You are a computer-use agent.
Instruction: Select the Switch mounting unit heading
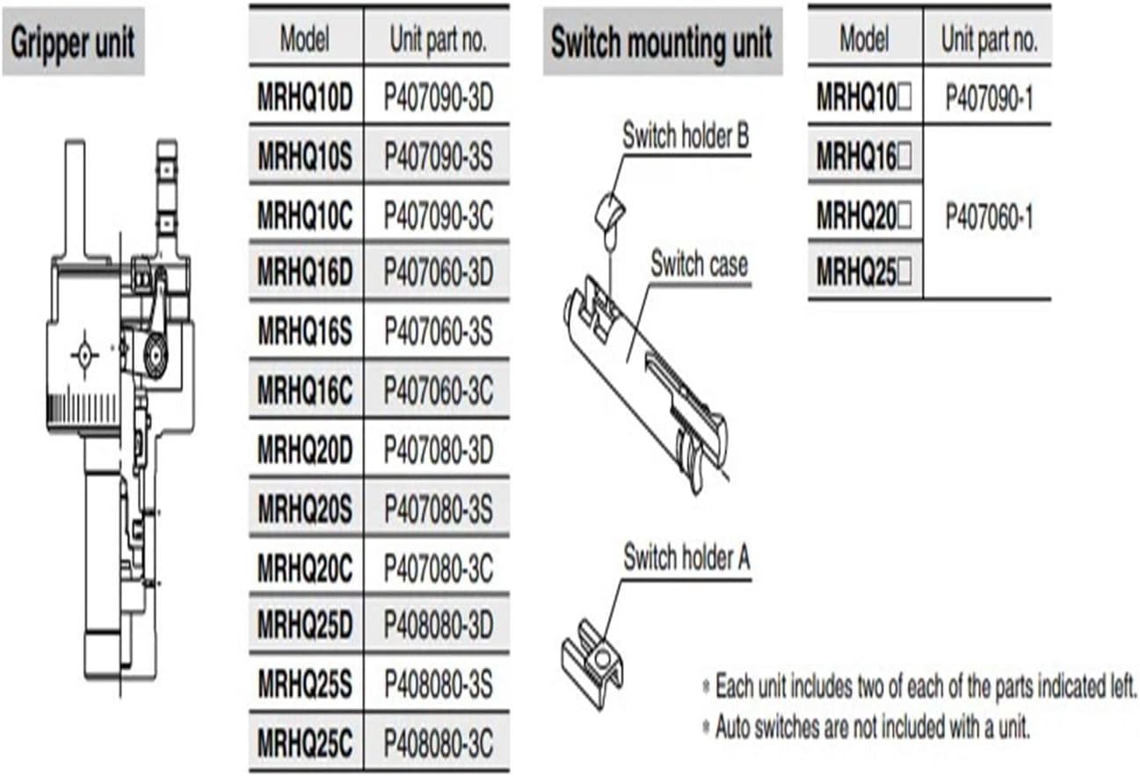tap(661, 42)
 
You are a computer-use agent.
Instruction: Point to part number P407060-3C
tap(439, 390)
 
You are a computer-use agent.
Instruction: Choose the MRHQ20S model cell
tap(305, 507)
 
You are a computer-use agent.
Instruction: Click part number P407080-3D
tap(439, 449)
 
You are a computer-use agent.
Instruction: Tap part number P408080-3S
tap(439, 684)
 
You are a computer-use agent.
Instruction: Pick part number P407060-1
tap(989, 216)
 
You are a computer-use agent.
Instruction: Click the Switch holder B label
tap(686, 137)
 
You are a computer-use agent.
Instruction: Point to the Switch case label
tap(699, 264)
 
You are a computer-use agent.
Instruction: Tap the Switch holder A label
tap(686, 557)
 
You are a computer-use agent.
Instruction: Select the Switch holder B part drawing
tap(609, 211)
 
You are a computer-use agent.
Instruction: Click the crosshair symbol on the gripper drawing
tap(85, 355)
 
